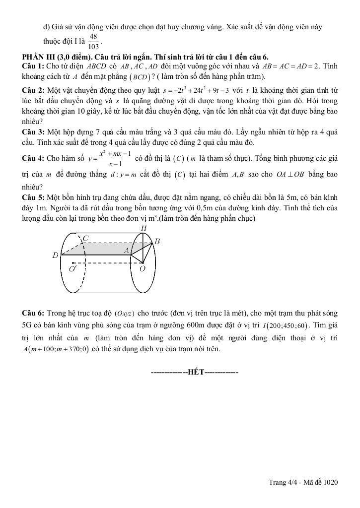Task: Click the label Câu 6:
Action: [x=33, y=313]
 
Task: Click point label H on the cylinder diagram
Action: [x=144, y=228]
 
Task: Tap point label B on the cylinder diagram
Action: [x=157, y=241]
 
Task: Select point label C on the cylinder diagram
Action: [x=85, y=239]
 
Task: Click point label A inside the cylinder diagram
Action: [x=127, y=251]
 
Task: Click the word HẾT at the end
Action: [x=195, y=372]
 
